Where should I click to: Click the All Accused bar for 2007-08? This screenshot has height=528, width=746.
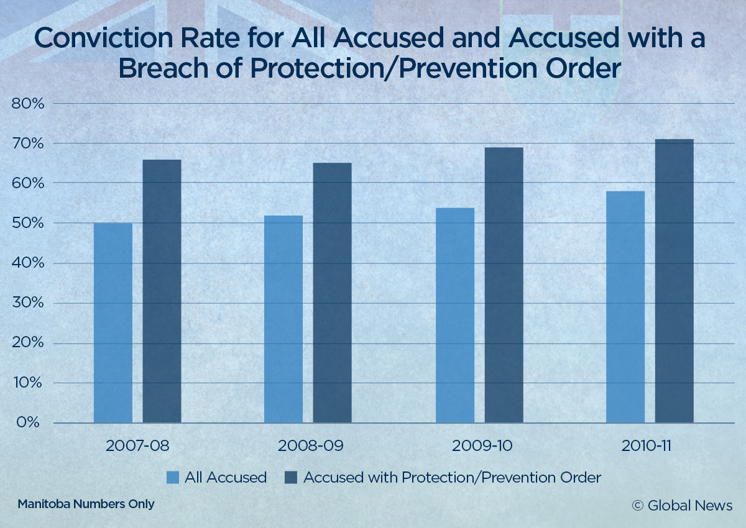[x=113, y=323]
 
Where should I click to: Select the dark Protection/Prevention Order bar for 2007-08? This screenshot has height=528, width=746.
[x=162, y=291]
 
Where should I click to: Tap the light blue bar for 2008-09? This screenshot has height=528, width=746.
[x=283, y=319]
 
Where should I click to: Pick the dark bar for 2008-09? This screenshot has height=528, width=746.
[x=332, y=293]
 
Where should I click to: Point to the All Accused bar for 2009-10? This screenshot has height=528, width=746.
[x=455, y=316]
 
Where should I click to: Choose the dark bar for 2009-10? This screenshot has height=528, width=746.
[x=504, y=285]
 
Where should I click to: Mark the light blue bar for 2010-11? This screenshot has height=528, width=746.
[x=625, y=307]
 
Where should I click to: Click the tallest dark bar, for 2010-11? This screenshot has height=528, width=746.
[x=674, y=281]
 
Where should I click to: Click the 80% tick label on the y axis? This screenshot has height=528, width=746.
[x=28, y=103]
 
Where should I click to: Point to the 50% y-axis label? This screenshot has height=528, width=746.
[x=28, y=223]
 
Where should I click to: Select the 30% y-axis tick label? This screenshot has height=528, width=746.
[x=28, y=303]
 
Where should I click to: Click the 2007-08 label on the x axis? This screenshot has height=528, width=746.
[x=137, y=446]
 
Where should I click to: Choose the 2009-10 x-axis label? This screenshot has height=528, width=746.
[x=479, y=446]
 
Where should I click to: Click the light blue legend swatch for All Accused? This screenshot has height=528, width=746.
[x=173, y=478]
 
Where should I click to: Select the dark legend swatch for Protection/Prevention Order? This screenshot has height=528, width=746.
[x=291, y=478]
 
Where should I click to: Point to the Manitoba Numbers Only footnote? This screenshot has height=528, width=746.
[x=86, y=504]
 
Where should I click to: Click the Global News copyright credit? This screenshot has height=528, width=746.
[x=682, y=505]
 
